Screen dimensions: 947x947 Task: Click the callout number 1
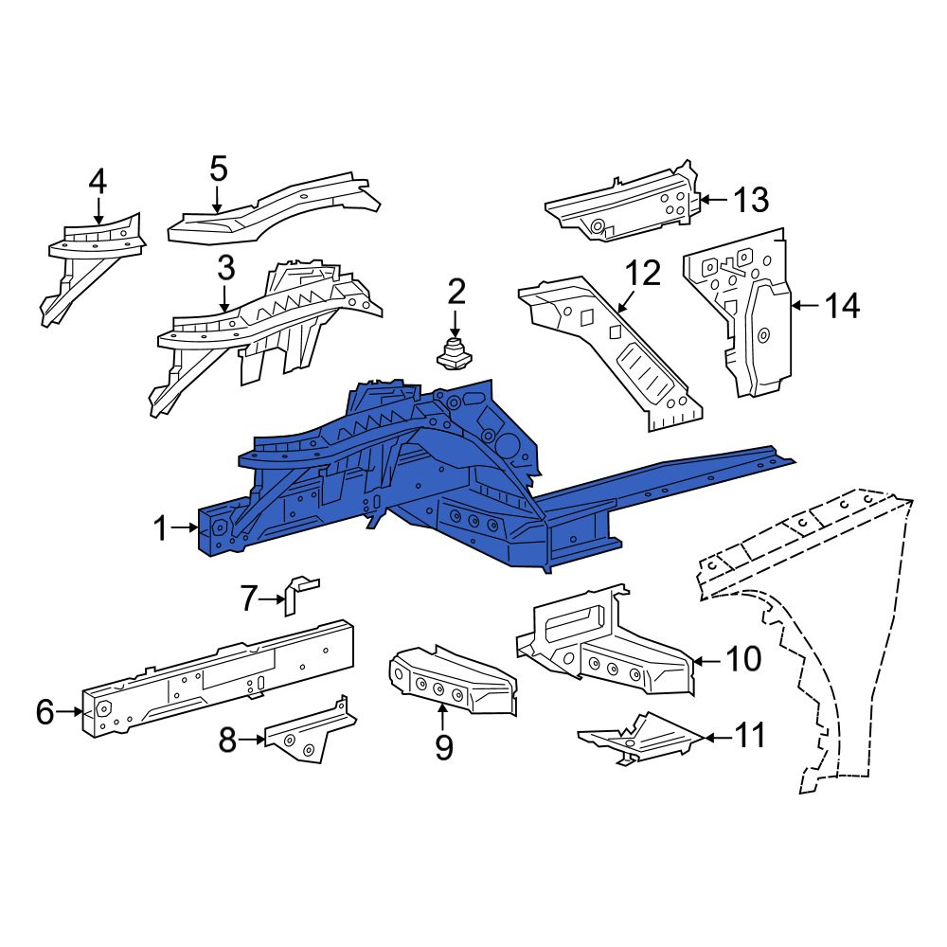tap(160, 528)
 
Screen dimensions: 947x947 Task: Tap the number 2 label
tap(456, 292)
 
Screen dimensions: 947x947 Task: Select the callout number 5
tap(218, 169)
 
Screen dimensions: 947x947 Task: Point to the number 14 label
tap(842, 306)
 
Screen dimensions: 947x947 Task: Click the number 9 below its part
tap(444, 748)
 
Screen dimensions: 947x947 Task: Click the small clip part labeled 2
tap(455, 355)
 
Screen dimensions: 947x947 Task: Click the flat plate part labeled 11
tap(641, 737)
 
